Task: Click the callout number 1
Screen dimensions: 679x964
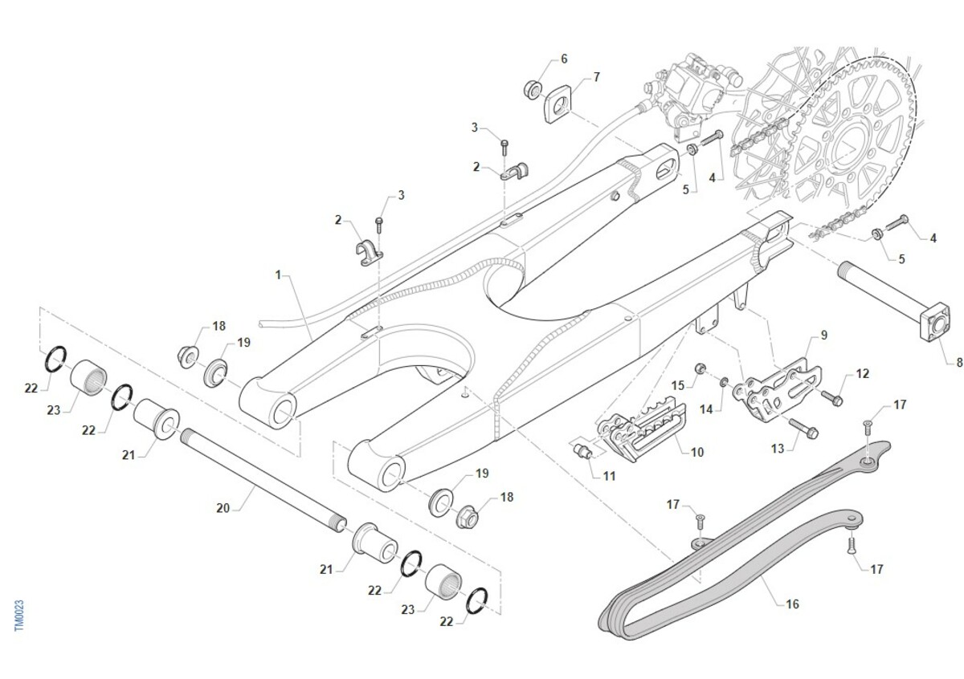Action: (278, 275)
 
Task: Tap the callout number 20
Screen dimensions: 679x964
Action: (223, 507)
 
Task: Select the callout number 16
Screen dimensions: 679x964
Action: (792, 604)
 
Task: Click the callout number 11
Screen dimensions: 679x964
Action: (609, 476)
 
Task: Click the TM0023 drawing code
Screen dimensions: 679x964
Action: (20, 615)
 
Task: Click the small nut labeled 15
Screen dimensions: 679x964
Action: (701, 368)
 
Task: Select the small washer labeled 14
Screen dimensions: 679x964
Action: (725, 380)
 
